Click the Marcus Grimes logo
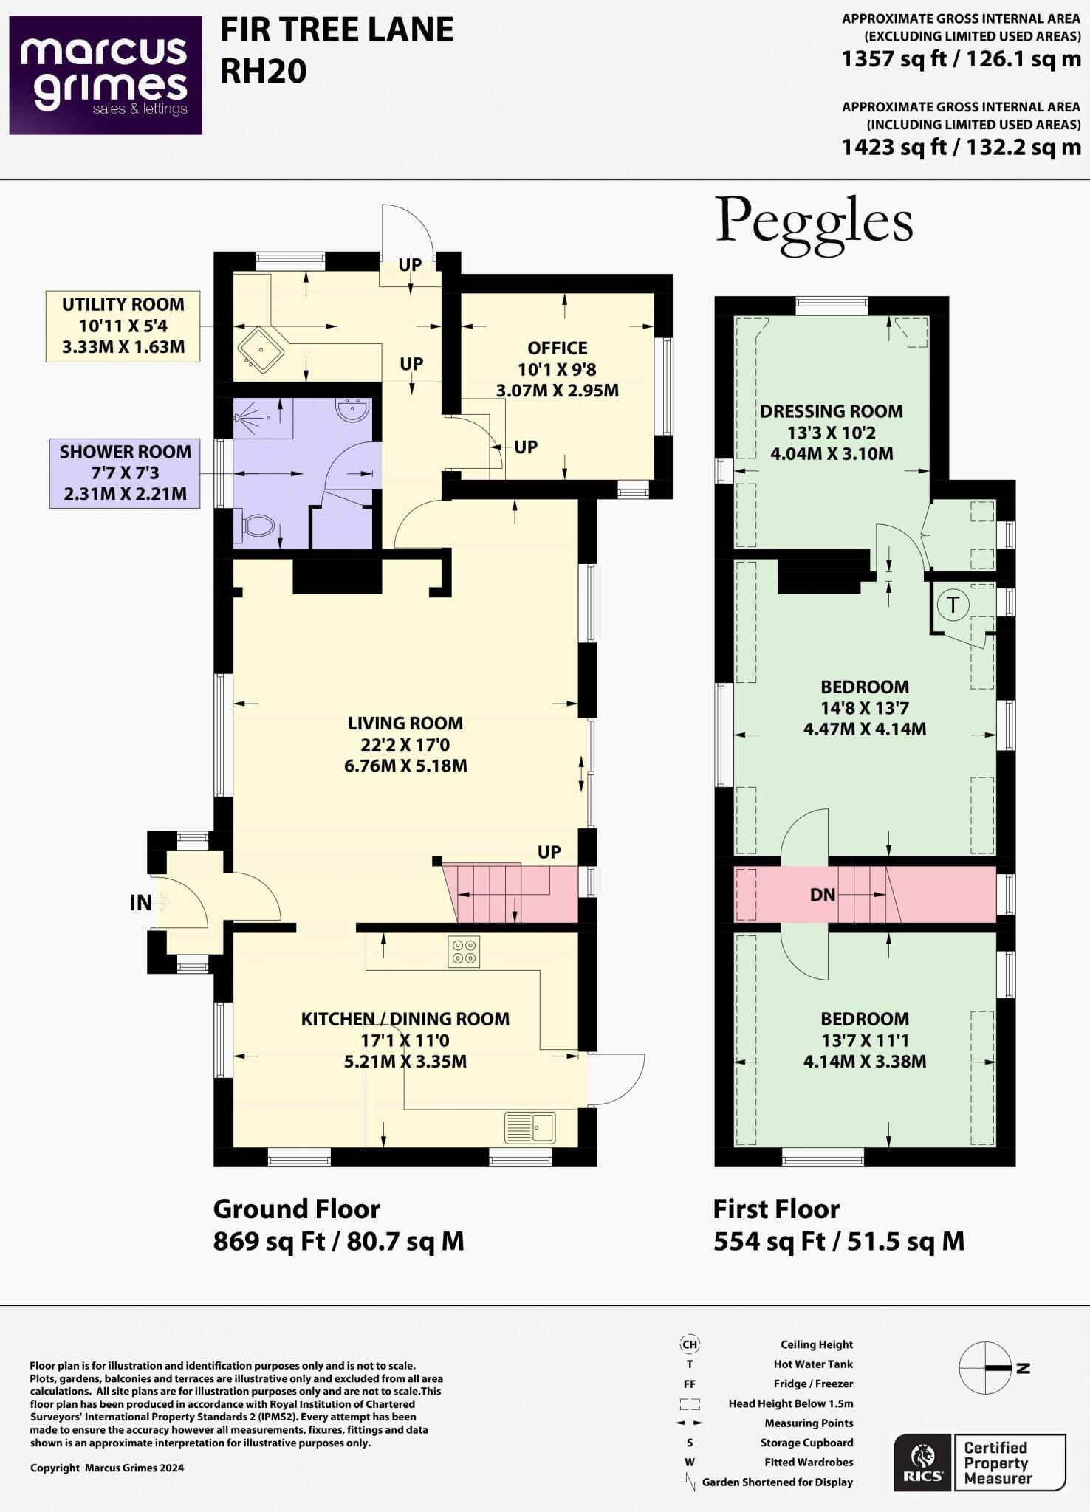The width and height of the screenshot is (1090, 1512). pyautogui.click(x=106, y=75)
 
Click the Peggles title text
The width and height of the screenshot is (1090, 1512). pyautogui.click(x=814, y=222)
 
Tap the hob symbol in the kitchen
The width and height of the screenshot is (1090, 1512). pyautogui.click(x=463, y=952)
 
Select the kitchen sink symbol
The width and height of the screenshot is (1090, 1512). pyautogui.click(x=529, y=1127)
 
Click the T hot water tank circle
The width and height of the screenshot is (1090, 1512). pyautogui.click(x=953, y=605)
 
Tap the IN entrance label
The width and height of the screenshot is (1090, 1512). pyautogui.click(x=140, y=902)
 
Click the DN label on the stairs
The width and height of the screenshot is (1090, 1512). pyautogui.click(x=822, y=895)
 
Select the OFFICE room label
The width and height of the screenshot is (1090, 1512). pyautogui.click(x=558, y=348)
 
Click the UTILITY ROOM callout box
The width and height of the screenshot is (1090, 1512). pyautogui.click(x=123, y=326)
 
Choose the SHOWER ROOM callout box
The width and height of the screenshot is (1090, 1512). pyautogui.click(x=125, y=473)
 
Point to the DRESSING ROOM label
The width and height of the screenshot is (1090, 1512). pyautogui.click(x=832, y=411)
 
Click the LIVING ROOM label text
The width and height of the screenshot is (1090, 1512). pyautogui.click(x=405, y=724)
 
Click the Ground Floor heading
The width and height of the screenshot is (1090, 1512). pyautogui.click(x=296, y=1209)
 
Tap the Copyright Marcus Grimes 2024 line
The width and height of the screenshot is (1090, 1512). pyautogui.click(x=107, y=1468)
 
